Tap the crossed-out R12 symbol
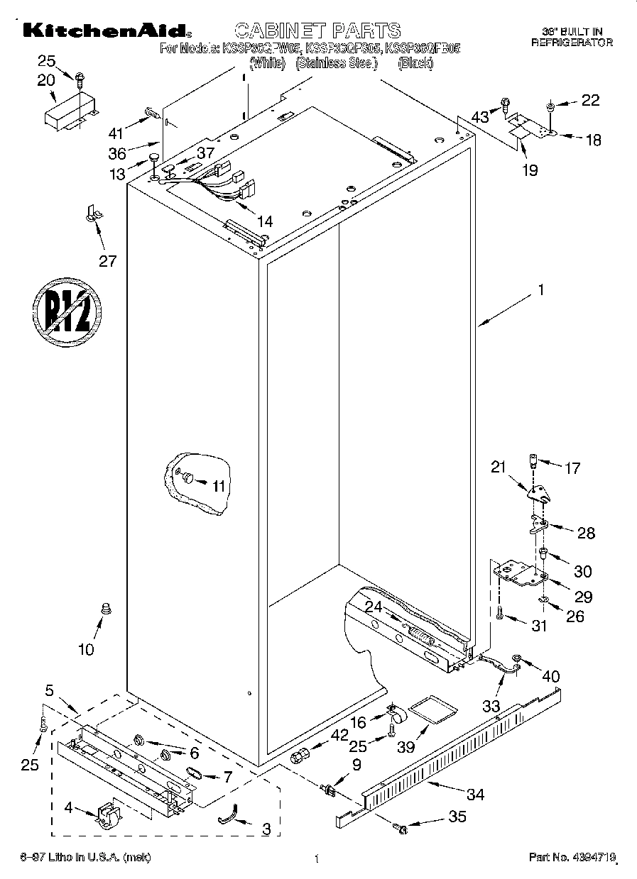point(67,309)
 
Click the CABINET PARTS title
point(317,30)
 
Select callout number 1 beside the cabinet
point(540,289)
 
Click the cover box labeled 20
point(69,110)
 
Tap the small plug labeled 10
point(107,608)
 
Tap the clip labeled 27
point(92,213)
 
